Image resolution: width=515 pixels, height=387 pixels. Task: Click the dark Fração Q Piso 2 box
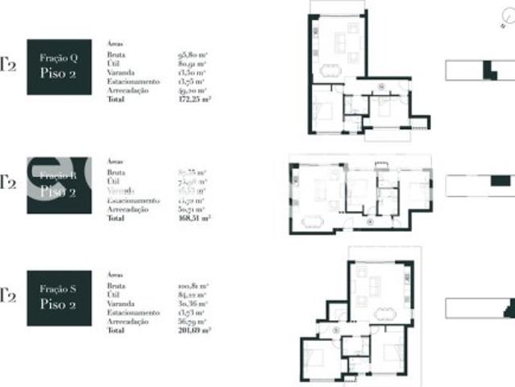[x=59, y=66]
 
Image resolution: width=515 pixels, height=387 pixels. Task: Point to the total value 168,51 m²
[x=194, y=217]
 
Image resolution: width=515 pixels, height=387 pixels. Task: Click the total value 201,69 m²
[x=194, y=331]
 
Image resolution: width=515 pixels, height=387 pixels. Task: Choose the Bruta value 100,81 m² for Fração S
[x=193, y=286]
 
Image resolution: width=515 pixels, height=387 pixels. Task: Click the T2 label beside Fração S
[x=8, y=296]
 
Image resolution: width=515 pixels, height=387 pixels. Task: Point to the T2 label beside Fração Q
[x=8, y=65]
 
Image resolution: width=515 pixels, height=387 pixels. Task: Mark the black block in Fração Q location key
[x=488, y=70]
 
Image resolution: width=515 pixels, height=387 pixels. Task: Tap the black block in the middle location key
[x=500, y=181]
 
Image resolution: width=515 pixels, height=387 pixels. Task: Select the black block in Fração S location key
[x=509, y=308]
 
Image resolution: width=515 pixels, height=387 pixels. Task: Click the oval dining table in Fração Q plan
[x=330, y=70]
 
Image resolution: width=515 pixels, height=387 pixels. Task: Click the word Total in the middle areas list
[x=116, y=217]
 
